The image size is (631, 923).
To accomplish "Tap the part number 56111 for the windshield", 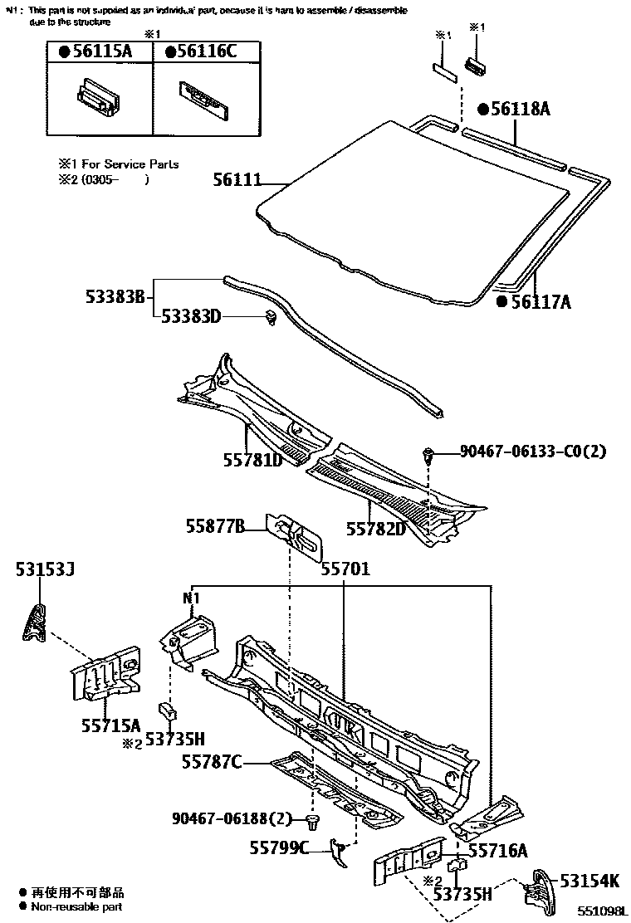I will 236,179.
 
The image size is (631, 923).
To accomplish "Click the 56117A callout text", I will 539,301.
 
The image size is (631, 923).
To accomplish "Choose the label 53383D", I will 190,315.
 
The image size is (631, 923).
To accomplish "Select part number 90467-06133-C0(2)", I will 533,452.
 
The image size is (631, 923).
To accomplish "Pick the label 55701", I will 345,570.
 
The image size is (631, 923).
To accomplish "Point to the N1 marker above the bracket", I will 192,597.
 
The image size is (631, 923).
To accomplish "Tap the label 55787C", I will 212,761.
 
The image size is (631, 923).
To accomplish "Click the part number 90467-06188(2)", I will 232,818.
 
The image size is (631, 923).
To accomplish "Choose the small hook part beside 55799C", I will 339,850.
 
